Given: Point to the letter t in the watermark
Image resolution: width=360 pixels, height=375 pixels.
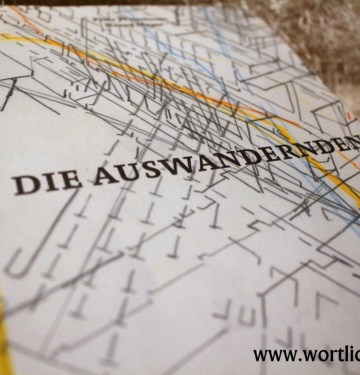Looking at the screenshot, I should (x=335, y=353).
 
